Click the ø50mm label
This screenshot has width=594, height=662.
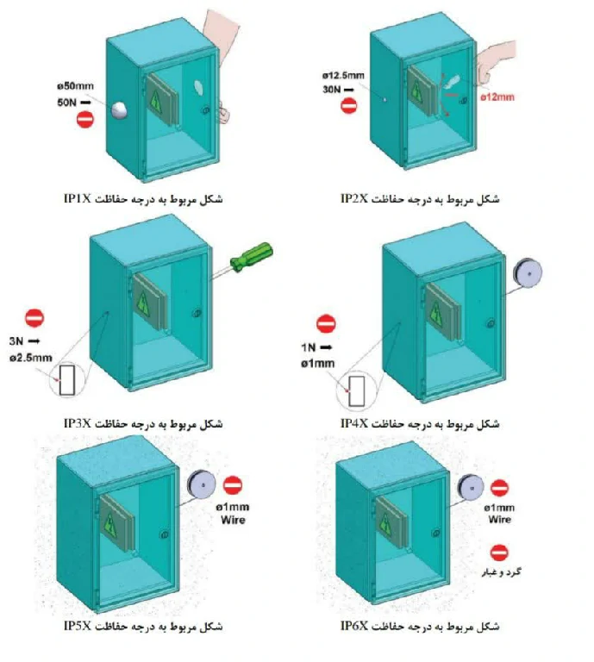[x=76, y=86]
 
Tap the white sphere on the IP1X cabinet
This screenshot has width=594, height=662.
[x=120, y=109]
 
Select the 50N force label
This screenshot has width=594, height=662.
[x=66, y=103]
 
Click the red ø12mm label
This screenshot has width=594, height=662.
[x=497, y=97]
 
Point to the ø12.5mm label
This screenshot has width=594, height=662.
[x=343, y=76]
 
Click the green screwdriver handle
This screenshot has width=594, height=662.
[x=252, y=257]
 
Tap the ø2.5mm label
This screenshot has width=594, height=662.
[x=31, y=358]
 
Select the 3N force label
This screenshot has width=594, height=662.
[x=16, y=341]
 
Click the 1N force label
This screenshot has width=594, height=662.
[x=308, y=347]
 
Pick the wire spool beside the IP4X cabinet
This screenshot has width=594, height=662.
[x=528, y=272]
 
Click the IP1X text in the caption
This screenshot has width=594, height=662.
[x=78, y=198]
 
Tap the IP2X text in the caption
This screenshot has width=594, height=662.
[x=354, y=198]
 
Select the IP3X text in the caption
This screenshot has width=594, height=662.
[x=78, y=423]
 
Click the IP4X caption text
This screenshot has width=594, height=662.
[x=354, y=423]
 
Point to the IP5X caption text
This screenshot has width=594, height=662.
[x=78, y=626]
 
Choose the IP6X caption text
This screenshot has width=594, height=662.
[x=354, y=626]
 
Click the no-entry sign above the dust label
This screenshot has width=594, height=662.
[x=499, y=553]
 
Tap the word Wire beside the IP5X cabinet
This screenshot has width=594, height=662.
[x=233, y=520]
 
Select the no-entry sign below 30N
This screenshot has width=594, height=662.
[x=348, y=105]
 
